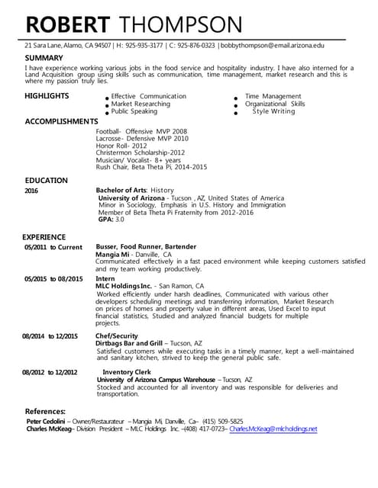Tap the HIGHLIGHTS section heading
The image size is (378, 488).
47,96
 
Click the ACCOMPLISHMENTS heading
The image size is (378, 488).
61,121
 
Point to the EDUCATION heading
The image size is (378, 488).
46,181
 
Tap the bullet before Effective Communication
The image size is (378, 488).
107,99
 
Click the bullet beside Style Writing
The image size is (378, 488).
237,114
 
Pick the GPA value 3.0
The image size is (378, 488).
119,220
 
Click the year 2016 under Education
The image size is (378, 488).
31,191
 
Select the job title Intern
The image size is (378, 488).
105,280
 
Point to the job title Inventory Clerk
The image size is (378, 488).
128,372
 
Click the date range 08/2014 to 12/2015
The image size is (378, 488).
50,336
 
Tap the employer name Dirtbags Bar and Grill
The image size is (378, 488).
129,344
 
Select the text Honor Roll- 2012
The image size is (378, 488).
121,145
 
